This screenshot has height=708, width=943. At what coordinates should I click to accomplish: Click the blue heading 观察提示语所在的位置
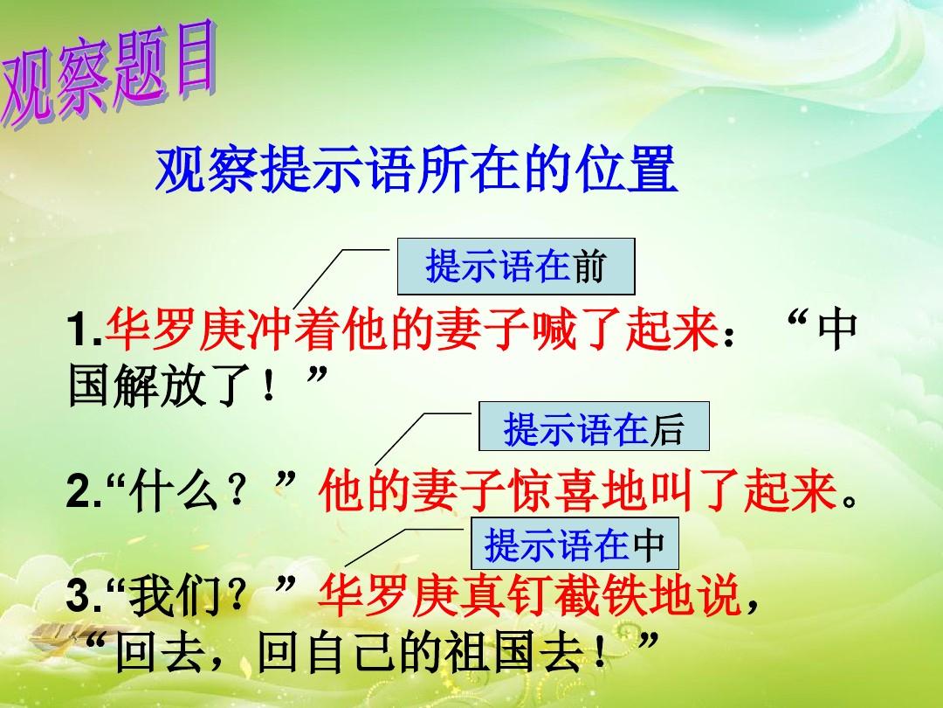pos(416,170)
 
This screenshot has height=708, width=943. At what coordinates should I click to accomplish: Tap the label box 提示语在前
pos(516,266)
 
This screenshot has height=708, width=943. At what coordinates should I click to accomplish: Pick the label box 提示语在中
pos(575,544)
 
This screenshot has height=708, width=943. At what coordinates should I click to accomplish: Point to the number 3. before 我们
pos(85,597)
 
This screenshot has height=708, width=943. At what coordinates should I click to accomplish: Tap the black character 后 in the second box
pos(667,428)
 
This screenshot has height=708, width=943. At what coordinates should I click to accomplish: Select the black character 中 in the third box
pos(649,545)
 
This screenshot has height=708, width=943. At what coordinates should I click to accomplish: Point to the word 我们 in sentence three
pos(175,597)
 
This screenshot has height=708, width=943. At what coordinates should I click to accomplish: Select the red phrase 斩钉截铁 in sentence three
pos(506,595)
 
